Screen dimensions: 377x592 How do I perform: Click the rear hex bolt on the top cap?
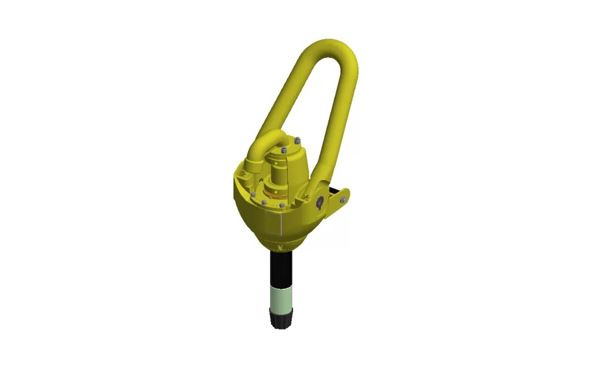click(x=297, y=140)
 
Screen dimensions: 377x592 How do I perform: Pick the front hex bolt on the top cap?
click(x=283, y=151)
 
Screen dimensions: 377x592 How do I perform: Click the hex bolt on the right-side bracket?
click(x=343, y=199)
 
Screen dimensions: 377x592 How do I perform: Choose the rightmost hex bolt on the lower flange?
click(x=282, y=205)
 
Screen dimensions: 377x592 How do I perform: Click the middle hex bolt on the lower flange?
click(x=264, y=203)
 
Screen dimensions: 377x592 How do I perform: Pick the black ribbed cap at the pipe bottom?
click(x=282, y=318)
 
